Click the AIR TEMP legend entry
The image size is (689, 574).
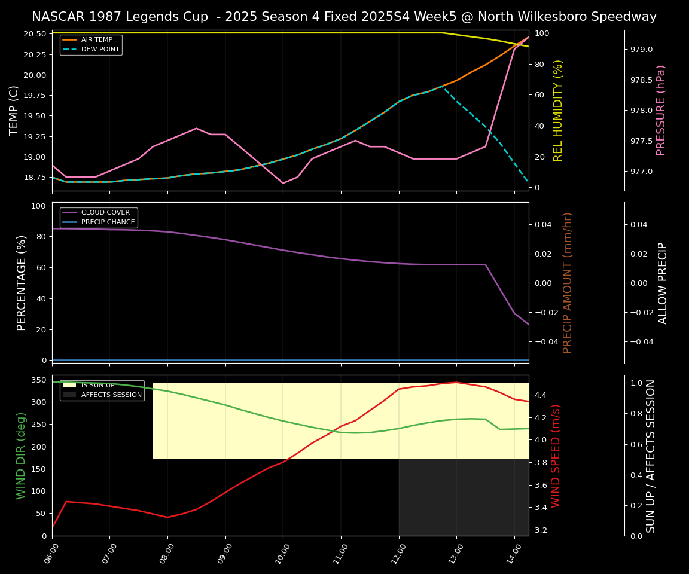96,40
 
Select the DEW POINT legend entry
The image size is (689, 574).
100,50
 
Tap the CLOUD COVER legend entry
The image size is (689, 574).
105,213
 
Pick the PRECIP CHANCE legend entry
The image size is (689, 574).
108,222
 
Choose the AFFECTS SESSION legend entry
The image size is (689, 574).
111,395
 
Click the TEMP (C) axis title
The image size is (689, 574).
14,111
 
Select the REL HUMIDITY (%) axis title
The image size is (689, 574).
558,111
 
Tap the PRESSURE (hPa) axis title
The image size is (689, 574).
661,111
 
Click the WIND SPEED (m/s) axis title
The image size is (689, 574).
556,456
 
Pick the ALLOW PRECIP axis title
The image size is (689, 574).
663,283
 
